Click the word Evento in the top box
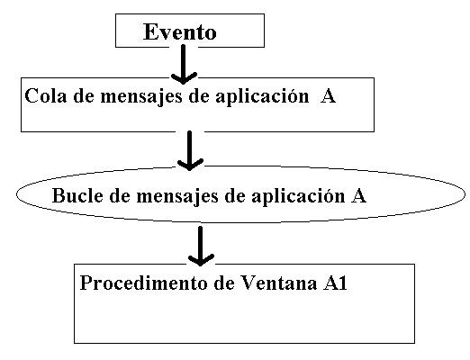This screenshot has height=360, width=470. coord(179,31)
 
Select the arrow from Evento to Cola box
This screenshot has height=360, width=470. coord(184,64)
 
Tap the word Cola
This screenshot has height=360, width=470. coord(45,95)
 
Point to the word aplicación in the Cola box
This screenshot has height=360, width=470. coord(262,96)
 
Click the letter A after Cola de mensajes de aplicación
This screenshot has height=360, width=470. coord(328,96)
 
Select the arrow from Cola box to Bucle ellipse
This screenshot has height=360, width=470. coord(190,150)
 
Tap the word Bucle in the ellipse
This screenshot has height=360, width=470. coord(77,195)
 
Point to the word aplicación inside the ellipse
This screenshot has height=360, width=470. coord(298,196)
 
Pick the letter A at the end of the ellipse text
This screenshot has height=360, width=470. coord(358,196)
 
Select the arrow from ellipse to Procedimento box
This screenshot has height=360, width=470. coord(201,246)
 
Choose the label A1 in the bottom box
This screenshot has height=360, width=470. coord(335,283)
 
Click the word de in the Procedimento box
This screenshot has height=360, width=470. coord(224,283)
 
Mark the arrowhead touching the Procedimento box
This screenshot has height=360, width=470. coord(201,260)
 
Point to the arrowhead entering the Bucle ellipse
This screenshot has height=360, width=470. coord(190,165)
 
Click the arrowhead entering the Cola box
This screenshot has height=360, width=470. coord(184,78)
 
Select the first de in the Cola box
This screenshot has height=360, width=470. coord(83,96)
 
